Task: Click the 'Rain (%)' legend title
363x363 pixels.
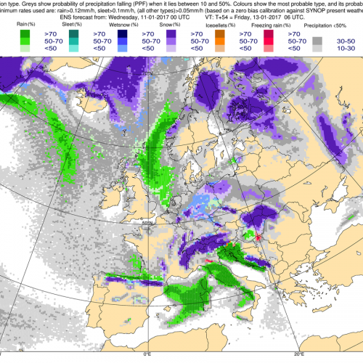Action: click(23, 24)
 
